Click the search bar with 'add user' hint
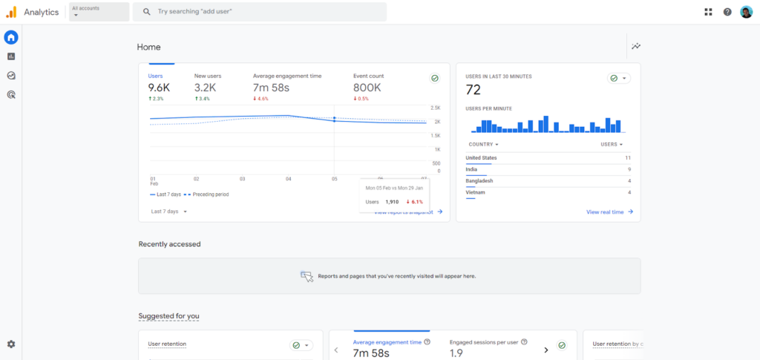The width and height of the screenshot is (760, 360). click(x=260, y=12)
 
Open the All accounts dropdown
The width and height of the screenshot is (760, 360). click(x=98, y=12)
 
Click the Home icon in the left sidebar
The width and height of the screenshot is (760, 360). click(x=11, y=37)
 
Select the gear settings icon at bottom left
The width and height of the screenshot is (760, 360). click(x=11, y=344)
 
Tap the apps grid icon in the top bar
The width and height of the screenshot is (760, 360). click(x=708, y=12)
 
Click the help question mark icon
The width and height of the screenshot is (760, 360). click(x=727, y=12)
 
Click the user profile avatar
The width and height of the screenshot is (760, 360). click(x=746, y=12)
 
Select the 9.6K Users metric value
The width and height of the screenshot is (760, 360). click(x=158, y=88)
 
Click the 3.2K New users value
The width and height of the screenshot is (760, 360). click(x=206, y=88)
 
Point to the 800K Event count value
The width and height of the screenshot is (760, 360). click(x=367, y=88)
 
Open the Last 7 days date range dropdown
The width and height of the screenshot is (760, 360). click(x=169, y=212)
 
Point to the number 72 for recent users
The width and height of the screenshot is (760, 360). click(x=474, y=91)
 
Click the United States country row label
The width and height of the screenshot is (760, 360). click(x=481, y=158)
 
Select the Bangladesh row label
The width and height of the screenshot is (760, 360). click(x=479, y=181)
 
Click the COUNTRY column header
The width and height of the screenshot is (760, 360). click(x=482, y=145)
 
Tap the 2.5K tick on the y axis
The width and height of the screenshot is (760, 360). click(x=436, y=108)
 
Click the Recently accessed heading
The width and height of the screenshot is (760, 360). click(x=169, y=244)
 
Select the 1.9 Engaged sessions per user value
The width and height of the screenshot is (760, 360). click(x=457, y=353)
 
